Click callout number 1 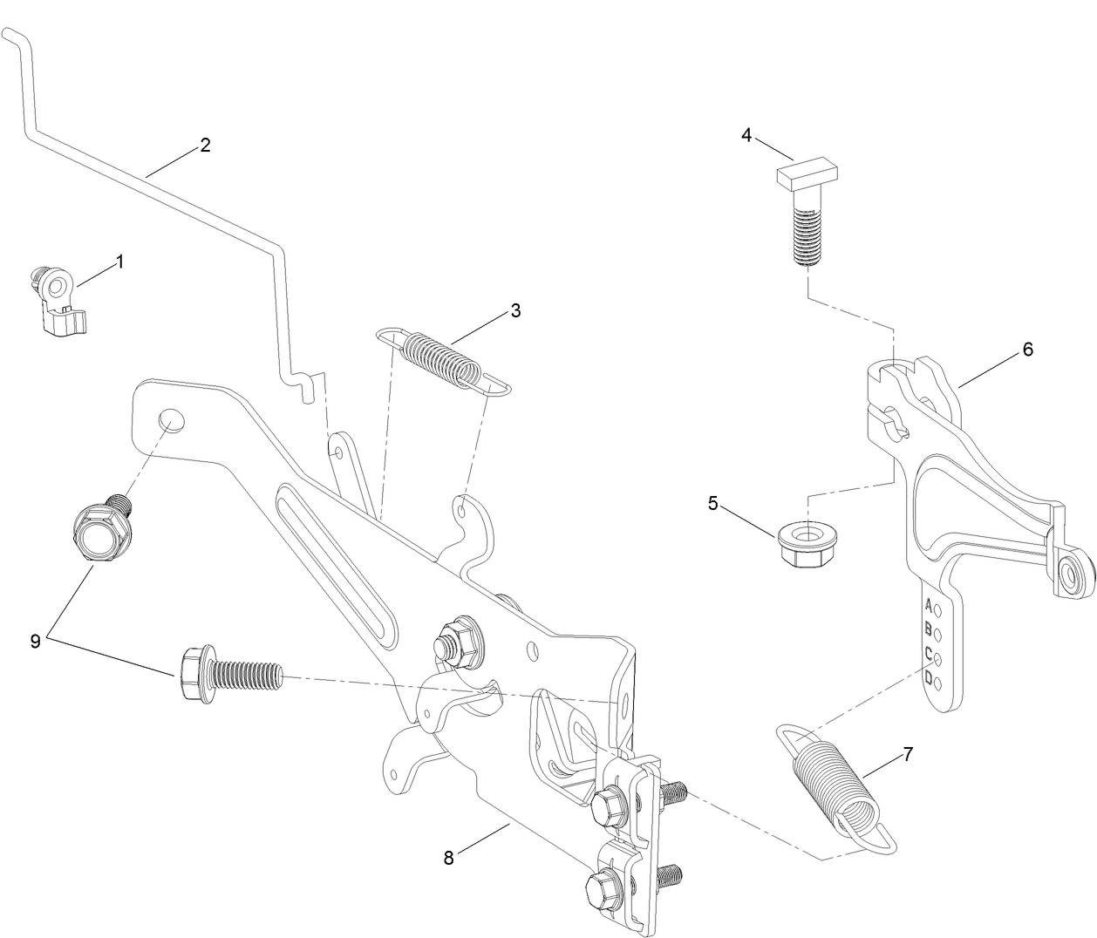pos(119,261)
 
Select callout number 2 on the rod pos(205,145)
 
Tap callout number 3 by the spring pos(515,310)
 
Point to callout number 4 pos(746,135)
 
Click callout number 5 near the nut pos(713,503)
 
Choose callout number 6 pos(1027,350)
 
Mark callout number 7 pos(908,755)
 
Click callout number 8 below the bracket pos(449,857)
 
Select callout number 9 pos(36,641)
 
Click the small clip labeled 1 pos(56,299)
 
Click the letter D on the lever pos(929,677)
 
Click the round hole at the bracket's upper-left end pos(171,420)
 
